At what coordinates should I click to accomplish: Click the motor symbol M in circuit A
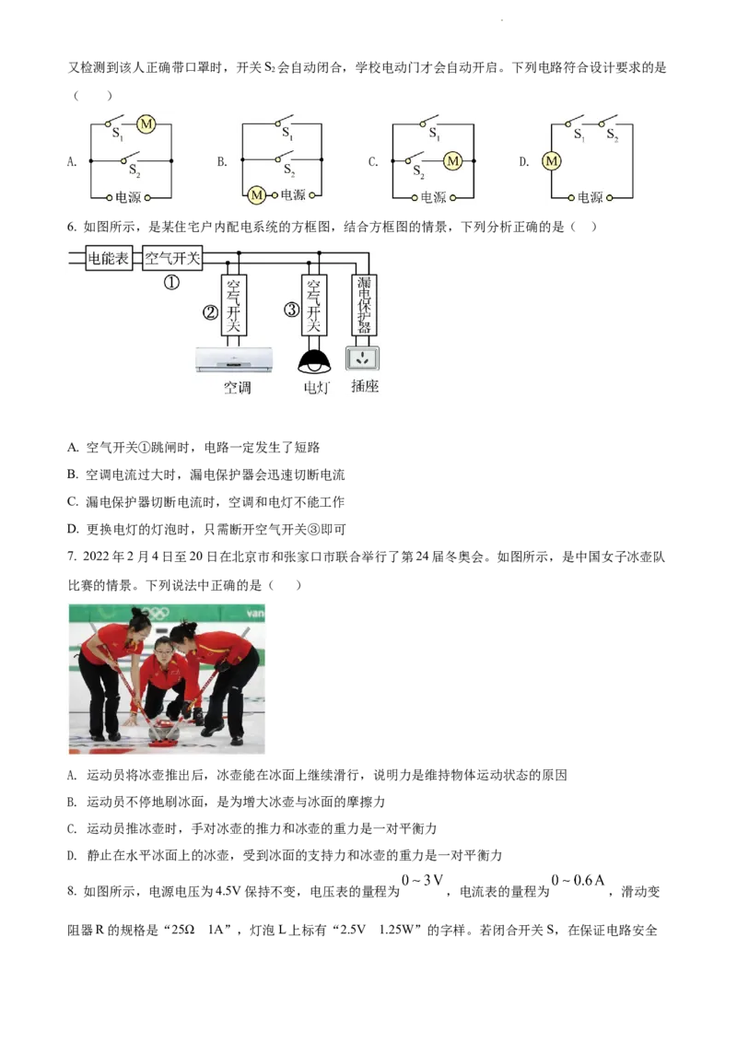click(146, 123)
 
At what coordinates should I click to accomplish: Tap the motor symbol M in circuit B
click(256, 195)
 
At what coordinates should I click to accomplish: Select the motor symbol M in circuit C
click(453, 160)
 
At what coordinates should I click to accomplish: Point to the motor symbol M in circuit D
click(552, 160)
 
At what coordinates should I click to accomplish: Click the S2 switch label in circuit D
click(612, 135)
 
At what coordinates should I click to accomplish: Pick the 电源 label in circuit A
click(128, 197)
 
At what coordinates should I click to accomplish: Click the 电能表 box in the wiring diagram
click(109, 258)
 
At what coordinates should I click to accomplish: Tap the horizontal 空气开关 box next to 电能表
click(172, 258)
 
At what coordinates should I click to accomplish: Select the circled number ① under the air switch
click(171, 283)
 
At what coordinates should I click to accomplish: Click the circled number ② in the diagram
click(210, 312)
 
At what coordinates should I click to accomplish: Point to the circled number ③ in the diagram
click(291, 310)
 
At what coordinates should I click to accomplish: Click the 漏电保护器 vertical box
click(364, 305)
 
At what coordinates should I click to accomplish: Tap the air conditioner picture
click(234, 360)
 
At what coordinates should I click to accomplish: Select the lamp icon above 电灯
click(314, 361)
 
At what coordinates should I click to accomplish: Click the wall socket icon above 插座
click(363, 358)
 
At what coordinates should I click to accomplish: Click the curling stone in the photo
click(164, 729)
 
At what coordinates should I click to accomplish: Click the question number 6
click(72, 227)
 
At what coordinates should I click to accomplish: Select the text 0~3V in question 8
click(422, 880)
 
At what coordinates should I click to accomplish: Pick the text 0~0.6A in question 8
click(578, 880)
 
